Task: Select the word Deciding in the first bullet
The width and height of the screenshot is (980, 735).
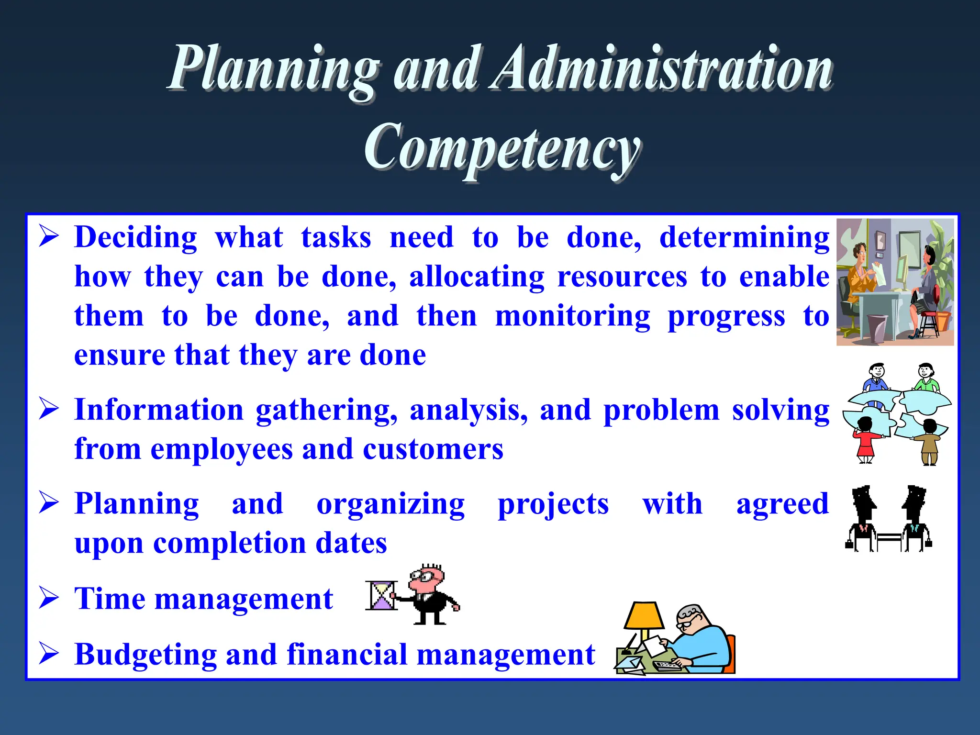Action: (136, 238)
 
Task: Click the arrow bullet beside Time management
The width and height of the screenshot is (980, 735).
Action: (49, 598)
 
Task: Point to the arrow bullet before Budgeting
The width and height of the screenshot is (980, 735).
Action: (49, 654)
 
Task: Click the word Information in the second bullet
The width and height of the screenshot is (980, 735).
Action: (159, 411)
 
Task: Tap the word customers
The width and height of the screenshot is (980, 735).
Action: (433, 450)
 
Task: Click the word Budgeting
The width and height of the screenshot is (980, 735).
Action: (145, 655)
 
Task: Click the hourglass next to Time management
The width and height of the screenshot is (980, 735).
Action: (381, 595)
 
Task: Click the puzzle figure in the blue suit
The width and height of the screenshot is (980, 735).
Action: (876, 378)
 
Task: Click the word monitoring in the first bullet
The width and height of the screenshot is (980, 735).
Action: (573, 317)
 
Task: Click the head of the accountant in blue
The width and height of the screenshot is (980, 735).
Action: (690, 619)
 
